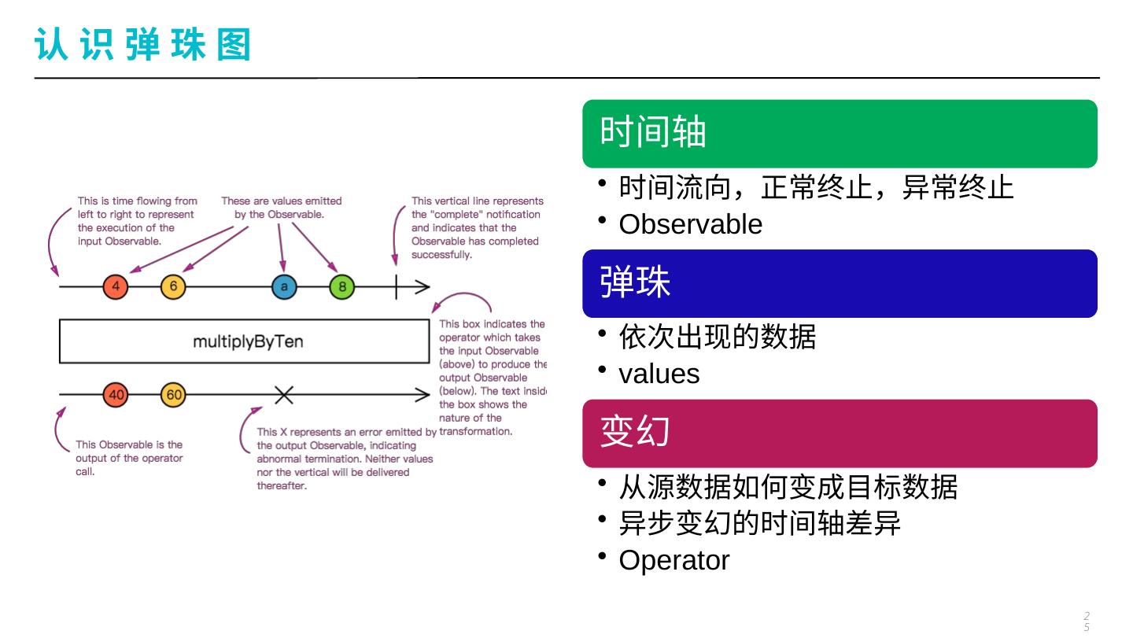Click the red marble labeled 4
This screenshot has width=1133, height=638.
coord(116,286)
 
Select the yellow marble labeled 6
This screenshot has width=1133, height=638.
coord(173,286)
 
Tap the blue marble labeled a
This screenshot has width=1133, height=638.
coord(284,286)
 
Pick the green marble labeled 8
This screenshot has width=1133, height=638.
coord(341,286)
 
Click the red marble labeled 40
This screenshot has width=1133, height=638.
coord(116,395)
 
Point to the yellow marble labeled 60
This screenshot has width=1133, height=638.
coord(173,395)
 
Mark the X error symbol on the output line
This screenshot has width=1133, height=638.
coord(284,395)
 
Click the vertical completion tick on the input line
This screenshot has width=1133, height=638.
coord(397,286)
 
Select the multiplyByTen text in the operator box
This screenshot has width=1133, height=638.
coord(248,342)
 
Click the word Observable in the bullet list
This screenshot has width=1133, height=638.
coord(690,225)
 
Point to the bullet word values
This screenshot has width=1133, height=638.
coord(659,374)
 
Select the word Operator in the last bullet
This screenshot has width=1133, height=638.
coord(674,561)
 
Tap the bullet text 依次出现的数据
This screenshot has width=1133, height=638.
coord(717,337)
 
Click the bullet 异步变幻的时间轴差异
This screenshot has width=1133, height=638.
coord(759,523)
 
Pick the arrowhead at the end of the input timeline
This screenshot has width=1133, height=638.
coord(423,286)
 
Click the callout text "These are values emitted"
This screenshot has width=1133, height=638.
coord(281,201)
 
